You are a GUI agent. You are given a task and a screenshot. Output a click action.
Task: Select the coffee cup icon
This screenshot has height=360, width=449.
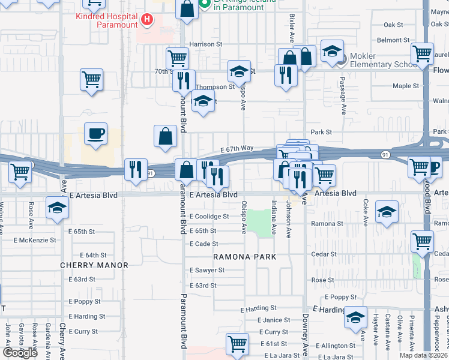[95, 134]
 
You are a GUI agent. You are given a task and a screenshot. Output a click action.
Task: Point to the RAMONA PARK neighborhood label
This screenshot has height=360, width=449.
[245, 257]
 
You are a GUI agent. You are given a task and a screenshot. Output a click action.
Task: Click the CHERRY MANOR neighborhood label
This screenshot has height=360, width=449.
[94, 265]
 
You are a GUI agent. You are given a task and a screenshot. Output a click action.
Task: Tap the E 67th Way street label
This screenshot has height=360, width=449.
[237, 148]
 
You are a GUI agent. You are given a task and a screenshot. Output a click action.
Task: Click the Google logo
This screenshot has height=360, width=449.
[20, 353]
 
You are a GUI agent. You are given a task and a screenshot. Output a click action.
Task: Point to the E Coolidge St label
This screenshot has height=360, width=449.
[209, 217]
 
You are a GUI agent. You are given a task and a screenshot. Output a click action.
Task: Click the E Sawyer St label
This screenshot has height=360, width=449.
[206, 271]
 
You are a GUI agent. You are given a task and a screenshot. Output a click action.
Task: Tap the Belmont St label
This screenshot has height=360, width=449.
[393, 40]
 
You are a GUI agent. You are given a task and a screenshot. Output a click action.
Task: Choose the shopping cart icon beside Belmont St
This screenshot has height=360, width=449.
[423, 53]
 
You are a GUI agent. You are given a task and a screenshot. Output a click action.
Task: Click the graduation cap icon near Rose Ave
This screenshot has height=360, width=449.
[58, 208]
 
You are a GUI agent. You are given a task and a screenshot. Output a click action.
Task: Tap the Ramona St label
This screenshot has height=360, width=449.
[327, 224]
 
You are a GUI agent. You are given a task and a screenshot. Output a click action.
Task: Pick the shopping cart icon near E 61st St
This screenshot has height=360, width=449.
[238, 344]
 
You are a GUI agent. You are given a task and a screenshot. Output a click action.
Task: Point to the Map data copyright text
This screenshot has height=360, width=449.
[424, 355]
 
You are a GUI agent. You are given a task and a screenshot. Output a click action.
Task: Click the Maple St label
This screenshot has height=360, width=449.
[406, 86]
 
